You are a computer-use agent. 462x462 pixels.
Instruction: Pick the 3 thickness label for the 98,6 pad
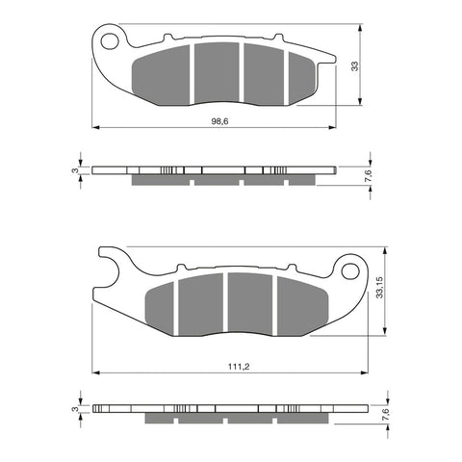[x=76, y=170]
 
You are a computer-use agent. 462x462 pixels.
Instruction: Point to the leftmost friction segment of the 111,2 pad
[x=164, y=305]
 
